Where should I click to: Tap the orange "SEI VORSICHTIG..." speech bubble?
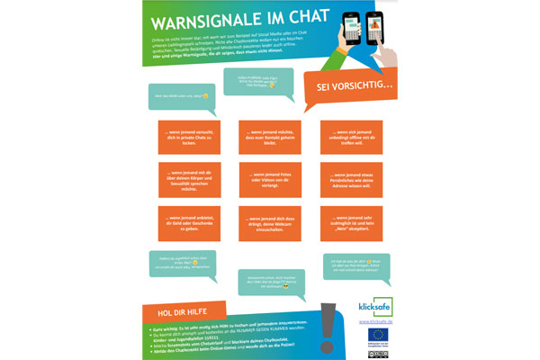[x=354, y=86]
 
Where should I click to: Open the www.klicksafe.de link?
[x=373, y=320]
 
